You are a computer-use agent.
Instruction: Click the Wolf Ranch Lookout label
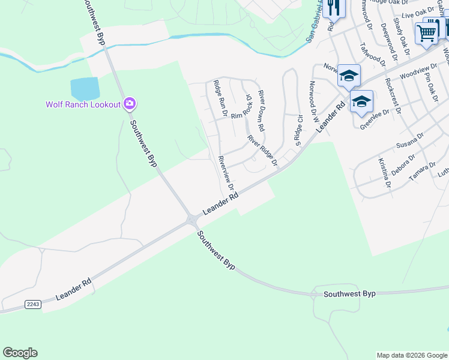tap(83, 104)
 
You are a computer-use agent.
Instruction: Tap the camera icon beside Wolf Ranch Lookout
tap(129, 104)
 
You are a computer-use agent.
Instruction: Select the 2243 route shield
tap(33, 305)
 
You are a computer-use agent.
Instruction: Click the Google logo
tap(20, 353)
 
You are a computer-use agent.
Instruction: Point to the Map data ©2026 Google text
tap(411, 355)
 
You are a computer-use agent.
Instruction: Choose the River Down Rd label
tap(261, 111)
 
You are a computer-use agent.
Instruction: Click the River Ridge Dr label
tap(263, 151)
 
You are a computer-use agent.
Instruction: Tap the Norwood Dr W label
tap(313, 102)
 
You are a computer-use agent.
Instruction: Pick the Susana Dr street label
tap(410, 142)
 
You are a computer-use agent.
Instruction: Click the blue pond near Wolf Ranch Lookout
tap(85, 89)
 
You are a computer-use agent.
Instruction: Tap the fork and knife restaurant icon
tap(331, 7)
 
